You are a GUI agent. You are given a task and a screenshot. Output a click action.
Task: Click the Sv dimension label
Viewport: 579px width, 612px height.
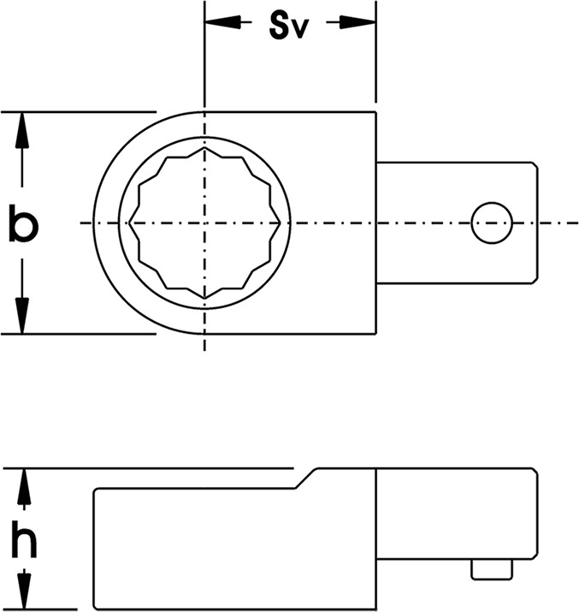[289, 27]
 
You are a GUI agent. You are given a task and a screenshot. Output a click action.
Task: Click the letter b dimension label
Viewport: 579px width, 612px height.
[23, 223]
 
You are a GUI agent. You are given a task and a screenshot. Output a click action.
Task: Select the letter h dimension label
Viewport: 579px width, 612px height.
[24, 539]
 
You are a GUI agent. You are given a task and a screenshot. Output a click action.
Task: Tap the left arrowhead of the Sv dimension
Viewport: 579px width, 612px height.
[222, 22]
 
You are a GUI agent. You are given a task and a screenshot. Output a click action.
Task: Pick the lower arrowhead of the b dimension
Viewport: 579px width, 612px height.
[22, 316]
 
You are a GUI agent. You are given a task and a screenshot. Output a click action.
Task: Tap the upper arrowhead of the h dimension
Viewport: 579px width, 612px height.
[24, 486]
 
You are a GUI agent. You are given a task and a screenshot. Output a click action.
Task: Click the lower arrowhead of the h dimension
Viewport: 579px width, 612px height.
[24, 590]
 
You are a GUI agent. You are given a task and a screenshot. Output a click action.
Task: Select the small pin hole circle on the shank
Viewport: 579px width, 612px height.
[492, 223]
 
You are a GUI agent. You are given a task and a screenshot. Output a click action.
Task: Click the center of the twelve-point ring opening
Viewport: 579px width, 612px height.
[204, 223]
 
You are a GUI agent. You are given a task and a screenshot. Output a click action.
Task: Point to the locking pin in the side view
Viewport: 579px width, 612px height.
[492, 569]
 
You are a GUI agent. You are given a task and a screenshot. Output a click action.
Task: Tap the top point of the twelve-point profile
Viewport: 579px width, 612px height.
[204, 147]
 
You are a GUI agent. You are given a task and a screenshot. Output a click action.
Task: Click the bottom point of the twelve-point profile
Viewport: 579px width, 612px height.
[204, 299]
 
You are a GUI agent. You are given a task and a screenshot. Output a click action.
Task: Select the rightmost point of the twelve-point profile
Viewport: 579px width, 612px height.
[281, 223]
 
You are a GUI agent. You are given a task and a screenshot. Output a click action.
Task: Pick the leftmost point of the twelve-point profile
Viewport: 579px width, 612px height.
[128, 223]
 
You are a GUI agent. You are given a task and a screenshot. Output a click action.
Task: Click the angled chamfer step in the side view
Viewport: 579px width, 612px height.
[306, 478]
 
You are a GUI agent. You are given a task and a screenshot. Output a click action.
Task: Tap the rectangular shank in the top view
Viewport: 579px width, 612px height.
[457, 223]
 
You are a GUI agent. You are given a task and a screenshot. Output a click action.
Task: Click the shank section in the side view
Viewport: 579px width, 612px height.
[457, 513]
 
